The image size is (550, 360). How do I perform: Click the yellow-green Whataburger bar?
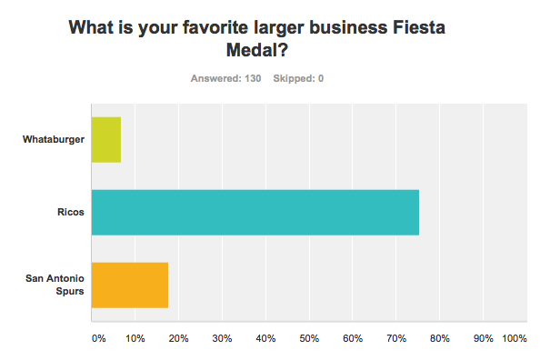[x=106, y=140]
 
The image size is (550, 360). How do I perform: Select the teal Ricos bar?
[x=255, y=213]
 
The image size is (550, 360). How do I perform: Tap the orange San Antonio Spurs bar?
[x=130, y=285]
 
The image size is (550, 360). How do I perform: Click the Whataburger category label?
[x=54, y=140]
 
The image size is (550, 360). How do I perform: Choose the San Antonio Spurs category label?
[x=54, y=285]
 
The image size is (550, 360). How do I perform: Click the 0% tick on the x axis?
[x=98, y=338]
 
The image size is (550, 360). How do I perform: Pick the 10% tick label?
[x=135, y=338]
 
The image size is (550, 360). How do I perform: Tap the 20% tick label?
[x=179, y=338]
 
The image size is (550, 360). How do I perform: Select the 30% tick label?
[x=223, y=338]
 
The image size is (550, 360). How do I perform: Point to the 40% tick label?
[x=266, y=338]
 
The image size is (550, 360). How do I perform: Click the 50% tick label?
[x=310, y=338]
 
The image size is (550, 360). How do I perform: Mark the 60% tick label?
[x=354, y=338]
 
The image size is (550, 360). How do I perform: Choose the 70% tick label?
[x=397, y=338]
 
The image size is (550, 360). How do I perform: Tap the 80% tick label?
[x=441, y=338]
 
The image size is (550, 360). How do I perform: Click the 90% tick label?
[x=484, y=338]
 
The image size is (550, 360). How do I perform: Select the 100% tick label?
[x=515, y=338]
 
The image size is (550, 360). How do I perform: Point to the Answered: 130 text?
[x=225, y=78]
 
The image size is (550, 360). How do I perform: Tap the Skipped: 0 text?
[x=298, y=78]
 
